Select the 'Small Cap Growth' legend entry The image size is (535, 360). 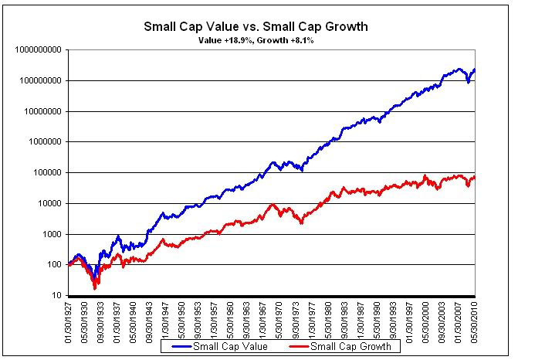(351, 347)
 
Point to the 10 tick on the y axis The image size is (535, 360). (56, 296)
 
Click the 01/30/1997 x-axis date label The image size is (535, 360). (413, 319)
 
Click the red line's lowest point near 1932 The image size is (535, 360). (95, 287)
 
